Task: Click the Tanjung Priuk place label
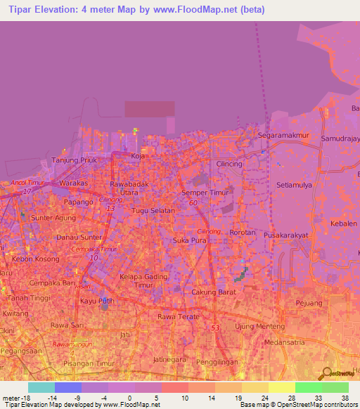(x=72, y=160)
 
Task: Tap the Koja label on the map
(x=138, y=157)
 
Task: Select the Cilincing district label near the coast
(x=229, y=164)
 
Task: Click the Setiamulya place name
(x=296, y=186)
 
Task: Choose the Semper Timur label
(x=203, y=193)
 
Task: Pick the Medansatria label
(x=286, y=343)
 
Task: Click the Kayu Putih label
(x=96, y=301)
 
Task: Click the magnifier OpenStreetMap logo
(x=326, y=373)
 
